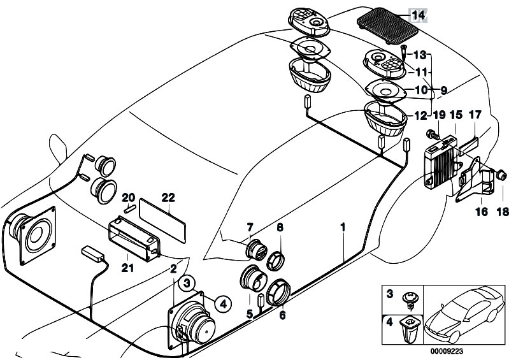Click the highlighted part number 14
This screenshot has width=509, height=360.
418,15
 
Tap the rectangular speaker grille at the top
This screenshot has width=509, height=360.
387,25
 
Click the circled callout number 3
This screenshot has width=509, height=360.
187,284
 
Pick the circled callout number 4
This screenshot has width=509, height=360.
223,304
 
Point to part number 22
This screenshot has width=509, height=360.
168,198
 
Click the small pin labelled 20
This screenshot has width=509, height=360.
129,209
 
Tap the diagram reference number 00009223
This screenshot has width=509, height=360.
447,351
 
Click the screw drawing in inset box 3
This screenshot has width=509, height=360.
410,300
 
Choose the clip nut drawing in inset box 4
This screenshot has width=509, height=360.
410,330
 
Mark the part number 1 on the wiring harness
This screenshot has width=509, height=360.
343,227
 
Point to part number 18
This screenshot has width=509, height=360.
502,212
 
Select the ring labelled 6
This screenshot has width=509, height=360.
278,292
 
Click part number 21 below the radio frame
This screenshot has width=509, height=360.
127,268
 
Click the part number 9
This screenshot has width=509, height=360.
443,90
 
